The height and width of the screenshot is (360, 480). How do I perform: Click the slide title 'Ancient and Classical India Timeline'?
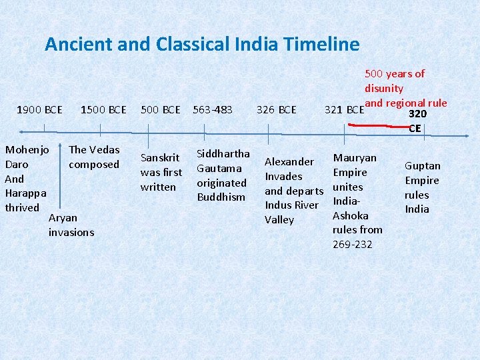click(202, 45)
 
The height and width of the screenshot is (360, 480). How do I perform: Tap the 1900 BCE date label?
click(40, 109)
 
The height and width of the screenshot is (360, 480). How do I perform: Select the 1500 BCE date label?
click(103, 109)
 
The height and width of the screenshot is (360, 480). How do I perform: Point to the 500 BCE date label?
click(161, 109)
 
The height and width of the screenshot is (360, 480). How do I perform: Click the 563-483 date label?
click(213, 109)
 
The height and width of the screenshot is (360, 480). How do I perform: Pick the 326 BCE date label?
click(276, 109)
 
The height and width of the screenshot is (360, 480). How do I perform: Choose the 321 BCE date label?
click(344, 109)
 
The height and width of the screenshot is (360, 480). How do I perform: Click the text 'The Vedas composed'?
click(94, 157)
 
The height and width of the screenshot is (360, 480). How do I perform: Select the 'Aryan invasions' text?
click(71, 225)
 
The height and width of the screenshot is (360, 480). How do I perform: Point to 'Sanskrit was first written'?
click(161, 172)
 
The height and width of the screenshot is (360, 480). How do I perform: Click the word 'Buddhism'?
click(221, 197)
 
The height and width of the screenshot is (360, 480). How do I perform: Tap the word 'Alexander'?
click(289, 161)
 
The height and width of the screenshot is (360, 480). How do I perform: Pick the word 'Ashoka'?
click(351, 215)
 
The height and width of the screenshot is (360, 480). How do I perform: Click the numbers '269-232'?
click(353, 244)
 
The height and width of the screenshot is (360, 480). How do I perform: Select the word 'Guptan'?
click(423, 166)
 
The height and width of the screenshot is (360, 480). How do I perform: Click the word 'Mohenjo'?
click(26, 149)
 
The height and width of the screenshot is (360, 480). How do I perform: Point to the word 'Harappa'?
click(25, 193)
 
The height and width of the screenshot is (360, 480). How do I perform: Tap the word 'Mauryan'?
click(355, 158)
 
